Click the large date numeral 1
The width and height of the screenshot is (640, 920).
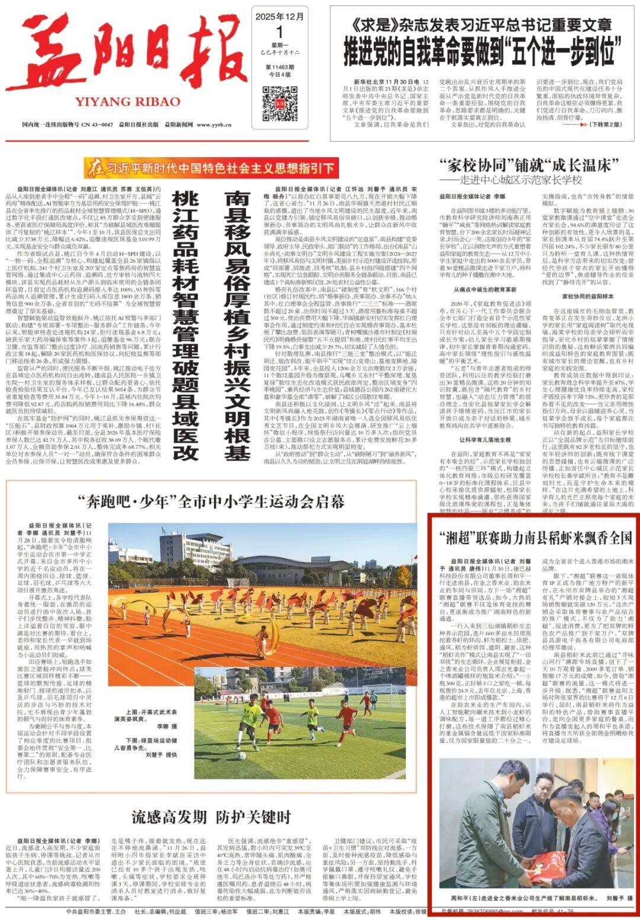pos(280,32)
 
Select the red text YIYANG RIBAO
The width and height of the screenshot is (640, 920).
pos(128,101)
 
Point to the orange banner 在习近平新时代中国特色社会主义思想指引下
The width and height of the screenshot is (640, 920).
pos(211,168)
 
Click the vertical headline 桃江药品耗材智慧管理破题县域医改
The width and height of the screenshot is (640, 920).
pos(185,325)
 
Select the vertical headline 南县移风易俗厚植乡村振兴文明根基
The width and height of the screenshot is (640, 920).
pos(238,325)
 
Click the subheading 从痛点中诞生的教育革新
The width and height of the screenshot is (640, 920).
pos(485,289)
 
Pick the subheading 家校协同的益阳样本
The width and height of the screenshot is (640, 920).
pos(588,296)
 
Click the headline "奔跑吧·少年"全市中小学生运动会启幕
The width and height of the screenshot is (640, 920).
pos(210,501)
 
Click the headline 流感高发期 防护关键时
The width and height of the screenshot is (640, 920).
pos(211,817)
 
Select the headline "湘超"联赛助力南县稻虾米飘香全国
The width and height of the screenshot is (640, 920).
pos(536,538)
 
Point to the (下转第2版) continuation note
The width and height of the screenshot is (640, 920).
pos(605,124)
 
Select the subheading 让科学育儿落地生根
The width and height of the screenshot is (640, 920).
pos(485,440)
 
